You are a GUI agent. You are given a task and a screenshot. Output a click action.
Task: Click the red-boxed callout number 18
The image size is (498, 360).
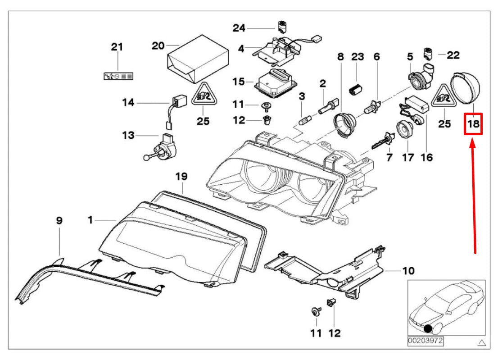pyautogui.click(x=474, y=123)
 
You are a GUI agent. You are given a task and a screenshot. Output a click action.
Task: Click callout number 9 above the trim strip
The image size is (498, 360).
pyautogui.click(x=59, y=221)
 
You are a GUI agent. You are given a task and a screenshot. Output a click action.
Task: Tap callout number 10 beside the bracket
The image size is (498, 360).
pyautogui.click(x=408, y=271)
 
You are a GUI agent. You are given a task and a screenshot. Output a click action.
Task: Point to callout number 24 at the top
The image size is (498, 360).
pyautogui.click(x=239, y=28)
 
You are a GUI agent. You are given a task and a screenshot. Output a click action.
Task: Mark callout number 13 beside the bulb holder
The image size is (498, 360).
pyautogui.click(x=128, y=135)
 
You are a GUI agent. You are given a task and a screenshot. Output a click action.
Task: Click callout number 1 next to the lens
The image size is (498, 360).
pyautogui.click(x=90, y=220)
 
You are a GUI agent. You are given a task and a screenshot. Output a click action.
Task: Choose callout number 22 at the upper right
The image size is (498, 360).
pyautogui.click(x=453, y=55)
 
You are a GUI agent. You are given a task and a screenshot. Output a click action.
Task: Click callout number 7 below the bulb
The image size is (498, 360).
pyautogui.click(x=389, y=157)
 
